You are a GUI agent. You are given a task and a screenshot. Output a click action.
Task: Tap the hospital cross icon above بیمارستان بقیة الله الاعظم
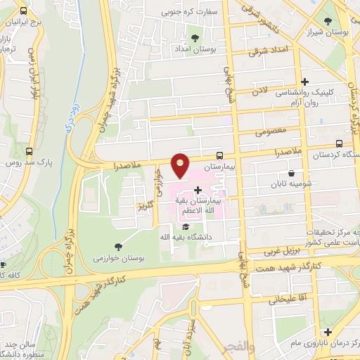pyautogui.click(x=198, y=190)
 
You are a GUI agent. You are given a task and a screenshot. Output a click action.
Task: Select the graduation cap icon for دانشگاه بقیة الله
pyautogui.click(x=185, y=226)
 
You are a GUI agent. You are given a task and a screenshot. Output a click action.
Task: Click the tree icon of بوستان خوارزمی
pyautogui.click(x=117, y=245)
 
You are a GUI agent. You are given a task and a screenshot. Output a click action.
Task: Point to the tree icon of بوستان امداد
pyautogui.click(x=195, y=37)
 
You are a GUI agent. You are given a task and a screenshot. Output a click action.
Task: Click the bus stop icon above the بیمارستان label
pyautogui.click(x=220, y=156)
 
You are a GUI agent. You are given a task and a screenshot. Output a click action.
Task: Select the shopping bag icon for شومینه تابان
pyautogui.click(x=291, y=174)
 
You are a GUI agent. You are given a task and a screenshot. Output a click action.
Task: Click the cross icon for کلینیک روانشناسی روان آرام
pyautogui.click(x=304, y=82)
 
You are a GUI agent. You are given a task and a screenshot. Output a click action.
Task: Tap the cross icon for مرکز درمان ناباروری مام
pyautogui.click(x=327, y=331)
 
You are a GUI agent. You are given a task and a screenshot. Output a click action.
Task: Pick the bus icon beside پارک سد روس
pyautogui.click(x=29, y=151)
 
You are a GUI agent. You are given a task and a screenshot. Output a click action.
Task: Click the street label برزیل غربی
pyautogui.click(x=281, y=251)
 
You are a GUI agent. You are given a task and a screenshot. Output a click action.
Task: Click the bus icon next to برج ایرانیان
pyautogui.click(x=24, y=12)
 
